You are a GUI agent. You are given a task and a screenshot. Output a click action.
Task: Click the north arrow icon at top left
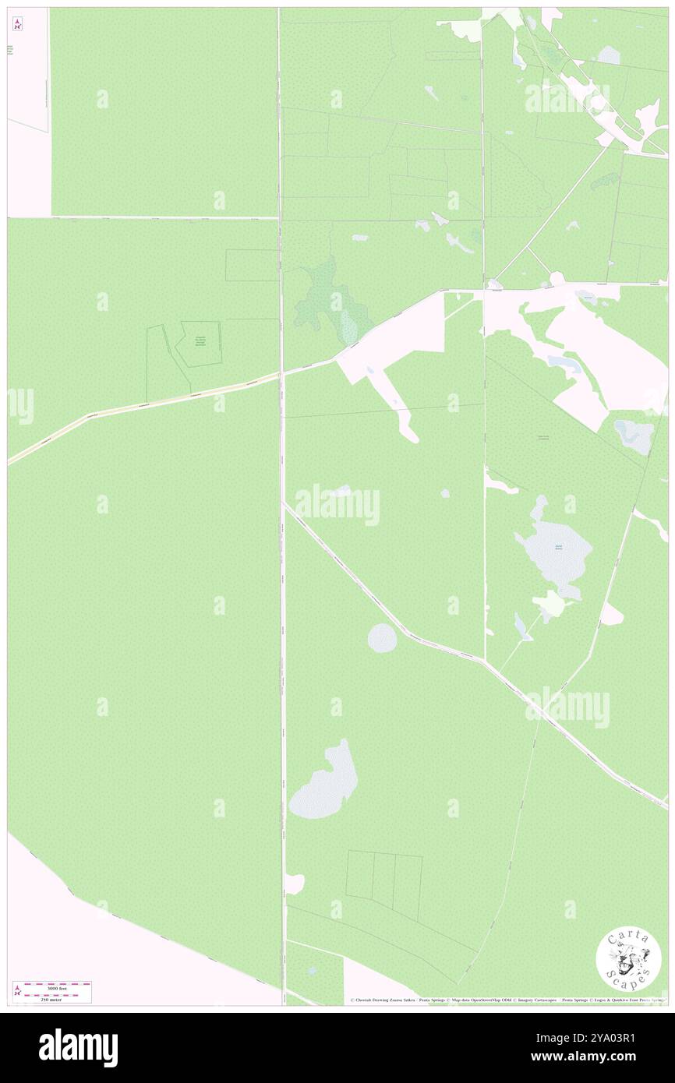click(x=17, y=24)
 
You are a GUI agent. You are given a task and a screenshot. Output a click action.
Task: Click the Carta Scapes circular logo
click(x=628, y=958)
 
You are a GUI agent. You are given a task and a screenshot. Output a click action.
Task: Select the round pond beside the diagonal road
click(x=382, y=638)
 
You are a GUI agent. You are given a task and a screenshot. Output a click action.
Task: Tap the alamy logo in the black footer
click(x=78, y=1047)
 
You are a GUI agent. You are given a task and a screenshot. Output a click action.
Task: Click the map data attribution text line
click(x=507, y=1000)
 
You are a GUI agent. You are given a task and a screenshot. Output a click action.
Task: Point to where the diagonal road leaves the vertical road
click(x=284, y=504)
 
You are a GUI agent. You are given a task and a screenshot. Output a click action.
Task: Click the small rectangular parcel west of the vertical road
click(x=252, y=265)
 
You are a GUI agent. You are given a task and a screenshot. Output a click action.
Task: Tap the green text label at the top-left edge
click(x=11, y=51)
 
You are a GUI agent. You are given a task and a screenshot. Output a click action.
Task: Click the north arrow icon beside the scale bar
click(x=17, y=991)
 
